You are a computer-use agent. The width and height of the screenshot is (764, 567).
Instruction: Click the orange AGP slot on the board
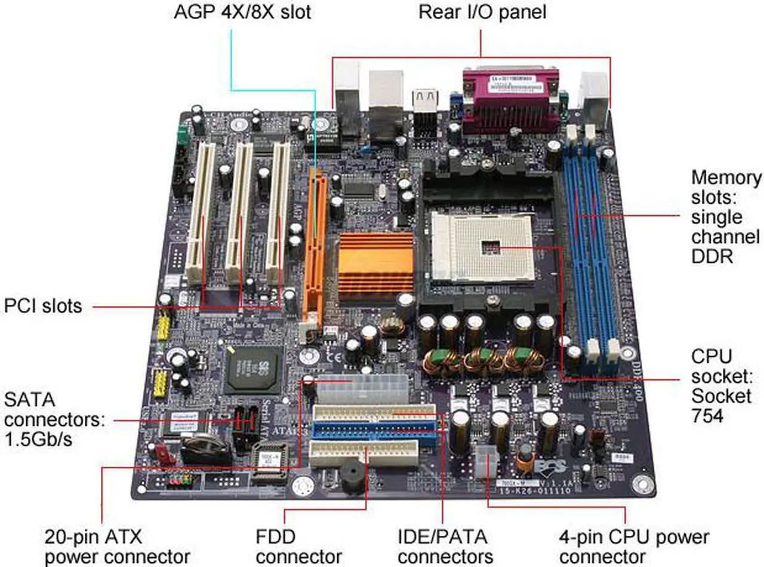click(x=314, y=245)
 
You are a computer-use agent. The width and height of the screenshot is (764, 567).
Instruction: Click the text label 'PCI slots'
click(x=43, y=307)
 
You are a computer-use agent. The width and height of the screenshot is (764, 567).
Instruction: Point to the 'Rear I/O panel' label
click(x=482, y=13)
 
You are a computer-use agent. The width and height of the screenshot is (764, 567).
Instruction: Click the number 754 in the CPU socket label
click(x=707, y=415)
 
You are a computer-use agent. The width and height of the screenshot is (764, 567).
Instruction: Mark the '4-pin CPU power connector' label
click(x=634, y=545)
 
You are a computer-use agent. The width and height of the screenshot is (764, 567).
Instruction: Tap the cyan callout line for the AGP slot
click(x=231, y=60)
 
